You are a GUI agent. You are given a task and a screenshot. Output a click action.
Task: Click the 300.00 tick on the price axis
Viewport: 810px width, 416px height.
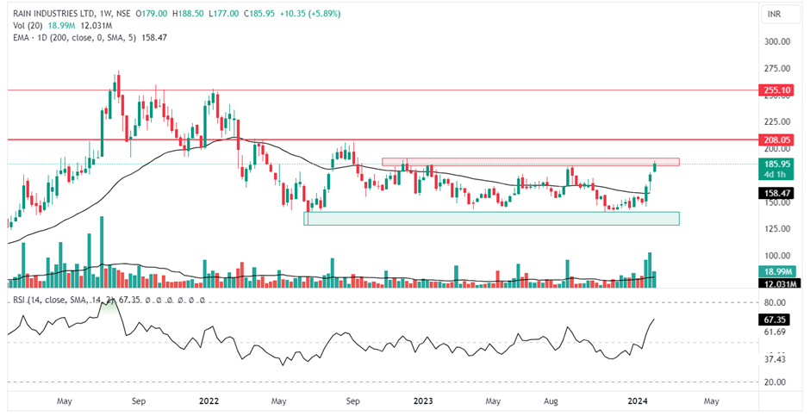[x=777, y=41]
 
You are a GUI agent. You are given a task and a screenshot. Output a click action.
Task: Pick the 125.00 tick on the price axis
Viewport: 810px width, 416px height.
[x=777, y=228]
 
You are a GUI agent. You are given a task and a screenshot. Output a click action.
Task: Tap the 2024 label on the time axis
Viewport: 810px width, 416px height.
[x=637, y=400]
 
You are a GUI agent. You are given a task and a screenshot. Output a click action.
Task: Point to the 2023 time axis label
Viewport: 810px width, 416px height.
[x=422, y=400]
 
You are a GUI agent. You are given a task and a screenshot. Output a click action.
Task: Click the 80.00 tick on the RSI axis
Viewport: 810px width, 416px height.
[x=777, y=302]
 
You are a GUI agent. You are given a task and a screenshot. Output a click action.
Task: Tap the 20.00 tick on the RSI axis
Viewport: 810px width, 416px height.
[x=777, y=382]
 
